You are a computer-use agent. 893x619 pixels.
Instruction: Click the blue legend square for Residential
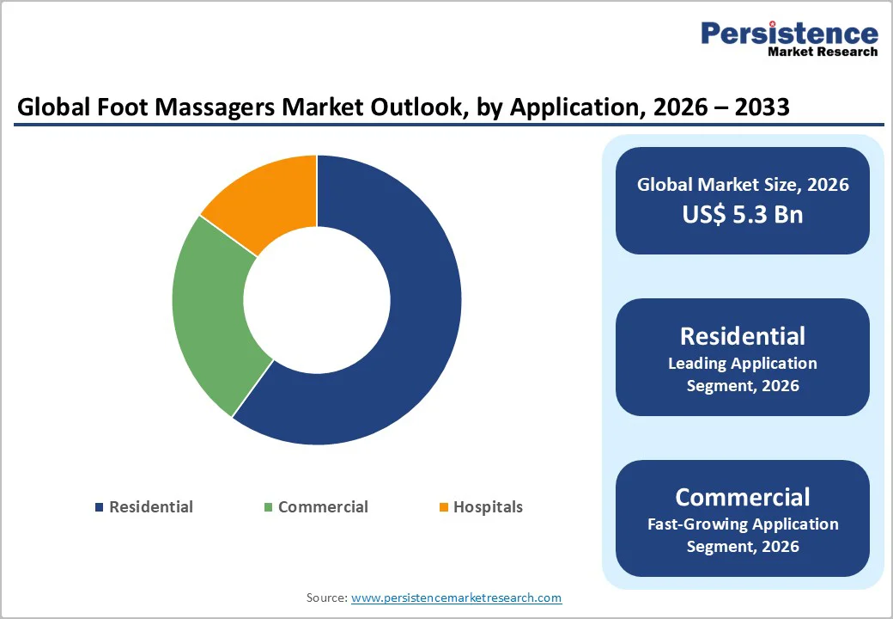click(100, 507)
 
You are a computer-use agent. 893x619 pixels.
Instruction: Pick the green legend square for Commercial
click(269, 507)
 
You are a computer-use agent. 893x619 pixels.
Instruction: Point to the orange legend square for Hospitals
click(444, 507)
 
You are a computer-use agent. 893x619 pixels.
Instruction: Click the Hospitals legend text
click(488, 507)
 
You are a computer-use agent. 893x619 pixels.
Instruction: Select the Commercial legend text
click(323, 507)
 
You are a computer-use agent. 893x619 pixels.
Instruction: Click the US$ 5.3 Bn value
click(743, 213)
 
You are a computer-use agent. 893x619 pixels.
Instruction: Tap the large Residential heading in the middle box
click(743, 336)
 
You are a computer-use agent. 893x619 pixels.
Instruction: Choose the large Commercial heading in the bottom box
click(743, 497)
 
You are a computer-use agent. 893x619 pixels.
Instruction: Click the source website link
click(456, 598)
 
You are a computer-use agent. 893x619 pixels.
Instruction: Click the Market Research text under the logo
click(823, 52)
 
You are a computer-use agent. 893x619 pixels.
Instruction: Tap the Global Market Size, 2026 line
click(743, 184)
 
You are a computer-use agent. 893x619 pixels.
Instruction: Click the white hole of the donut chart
click(317, 300)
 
